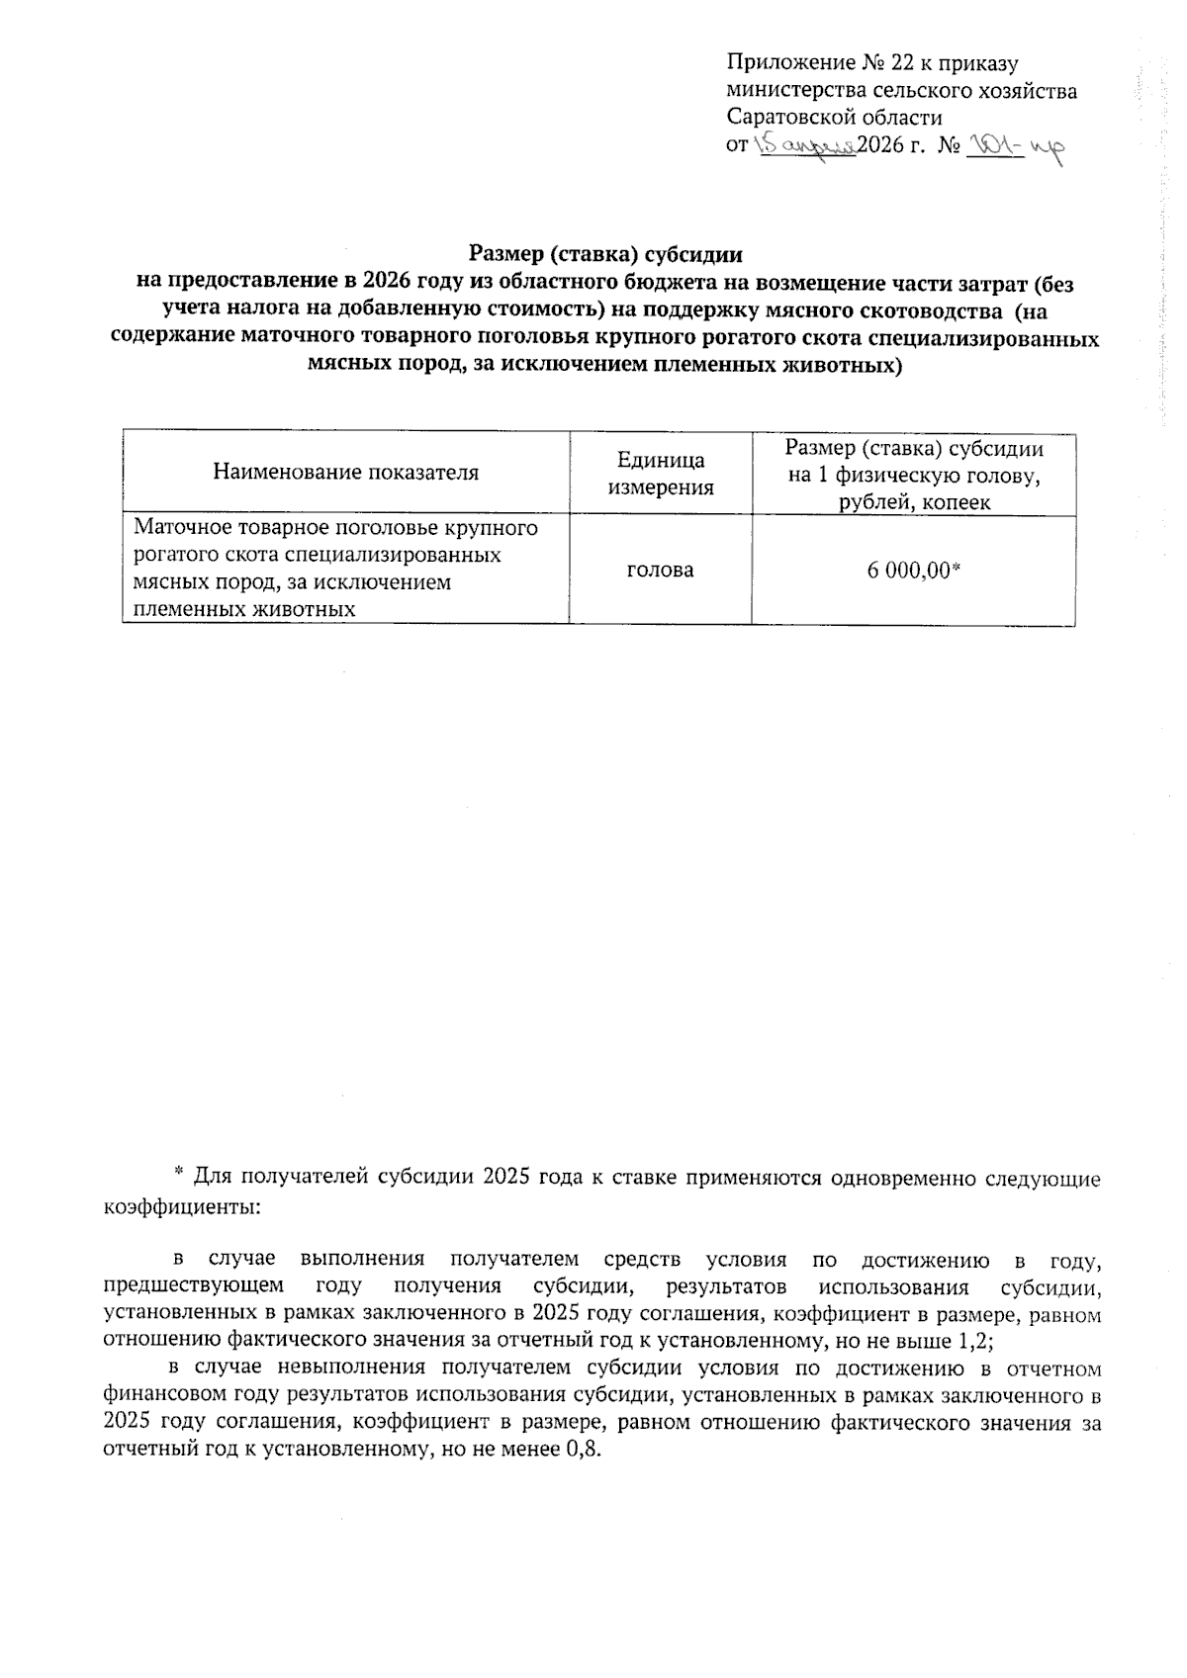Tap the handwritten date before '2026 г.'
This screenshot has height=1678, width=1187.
(804, 146)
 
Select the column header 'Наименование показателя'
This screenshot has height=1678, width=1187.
(345, 473)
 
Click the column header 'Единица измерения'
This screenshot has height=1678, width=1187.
(660, 474)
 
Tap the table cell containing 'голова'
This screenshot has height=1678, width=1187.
(660, 571)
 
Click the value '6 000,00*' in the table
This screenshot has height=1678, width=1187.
(913, 571)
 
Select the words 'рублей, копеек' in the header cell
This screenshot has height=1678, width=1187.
(913, 503)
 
